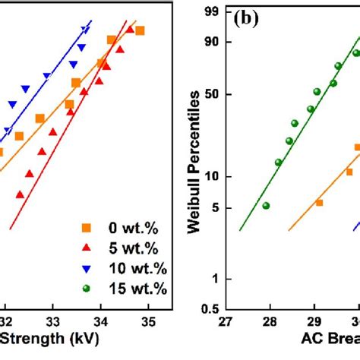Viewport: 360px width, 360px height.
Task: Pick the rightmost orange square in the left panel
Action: click(x=140, y=30)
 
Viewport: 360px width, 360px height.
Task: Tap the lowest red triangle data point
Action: click(x=21, y=194)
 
